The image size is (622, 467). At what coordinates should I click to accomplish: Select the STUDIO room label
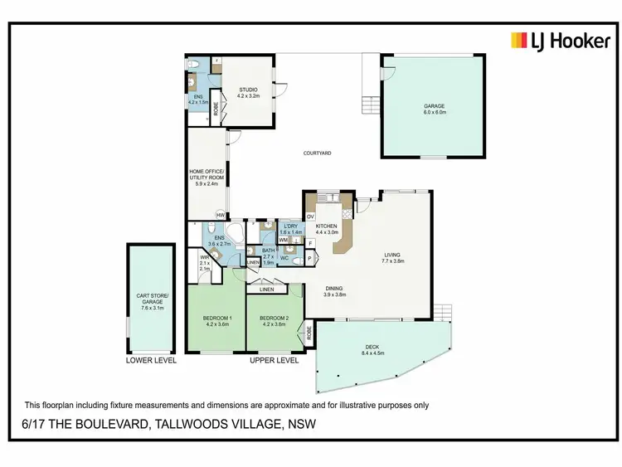(248, 93)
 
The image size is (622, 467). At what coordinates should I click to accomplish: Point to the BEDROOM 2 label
(273, 321)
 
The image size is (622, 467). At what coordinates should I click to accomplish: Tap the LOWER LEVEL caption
(151, 362)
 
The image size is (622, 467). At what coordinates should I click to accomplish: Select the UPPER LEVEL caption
(275, 362)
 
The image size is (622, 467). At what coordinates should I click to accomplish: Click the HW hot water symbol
(220, 216)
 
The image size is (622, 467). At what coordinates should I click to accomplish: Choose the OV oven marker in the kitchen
(310, 216)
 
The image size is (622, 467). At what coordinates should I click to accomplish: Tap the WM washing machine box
(283, 241)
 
